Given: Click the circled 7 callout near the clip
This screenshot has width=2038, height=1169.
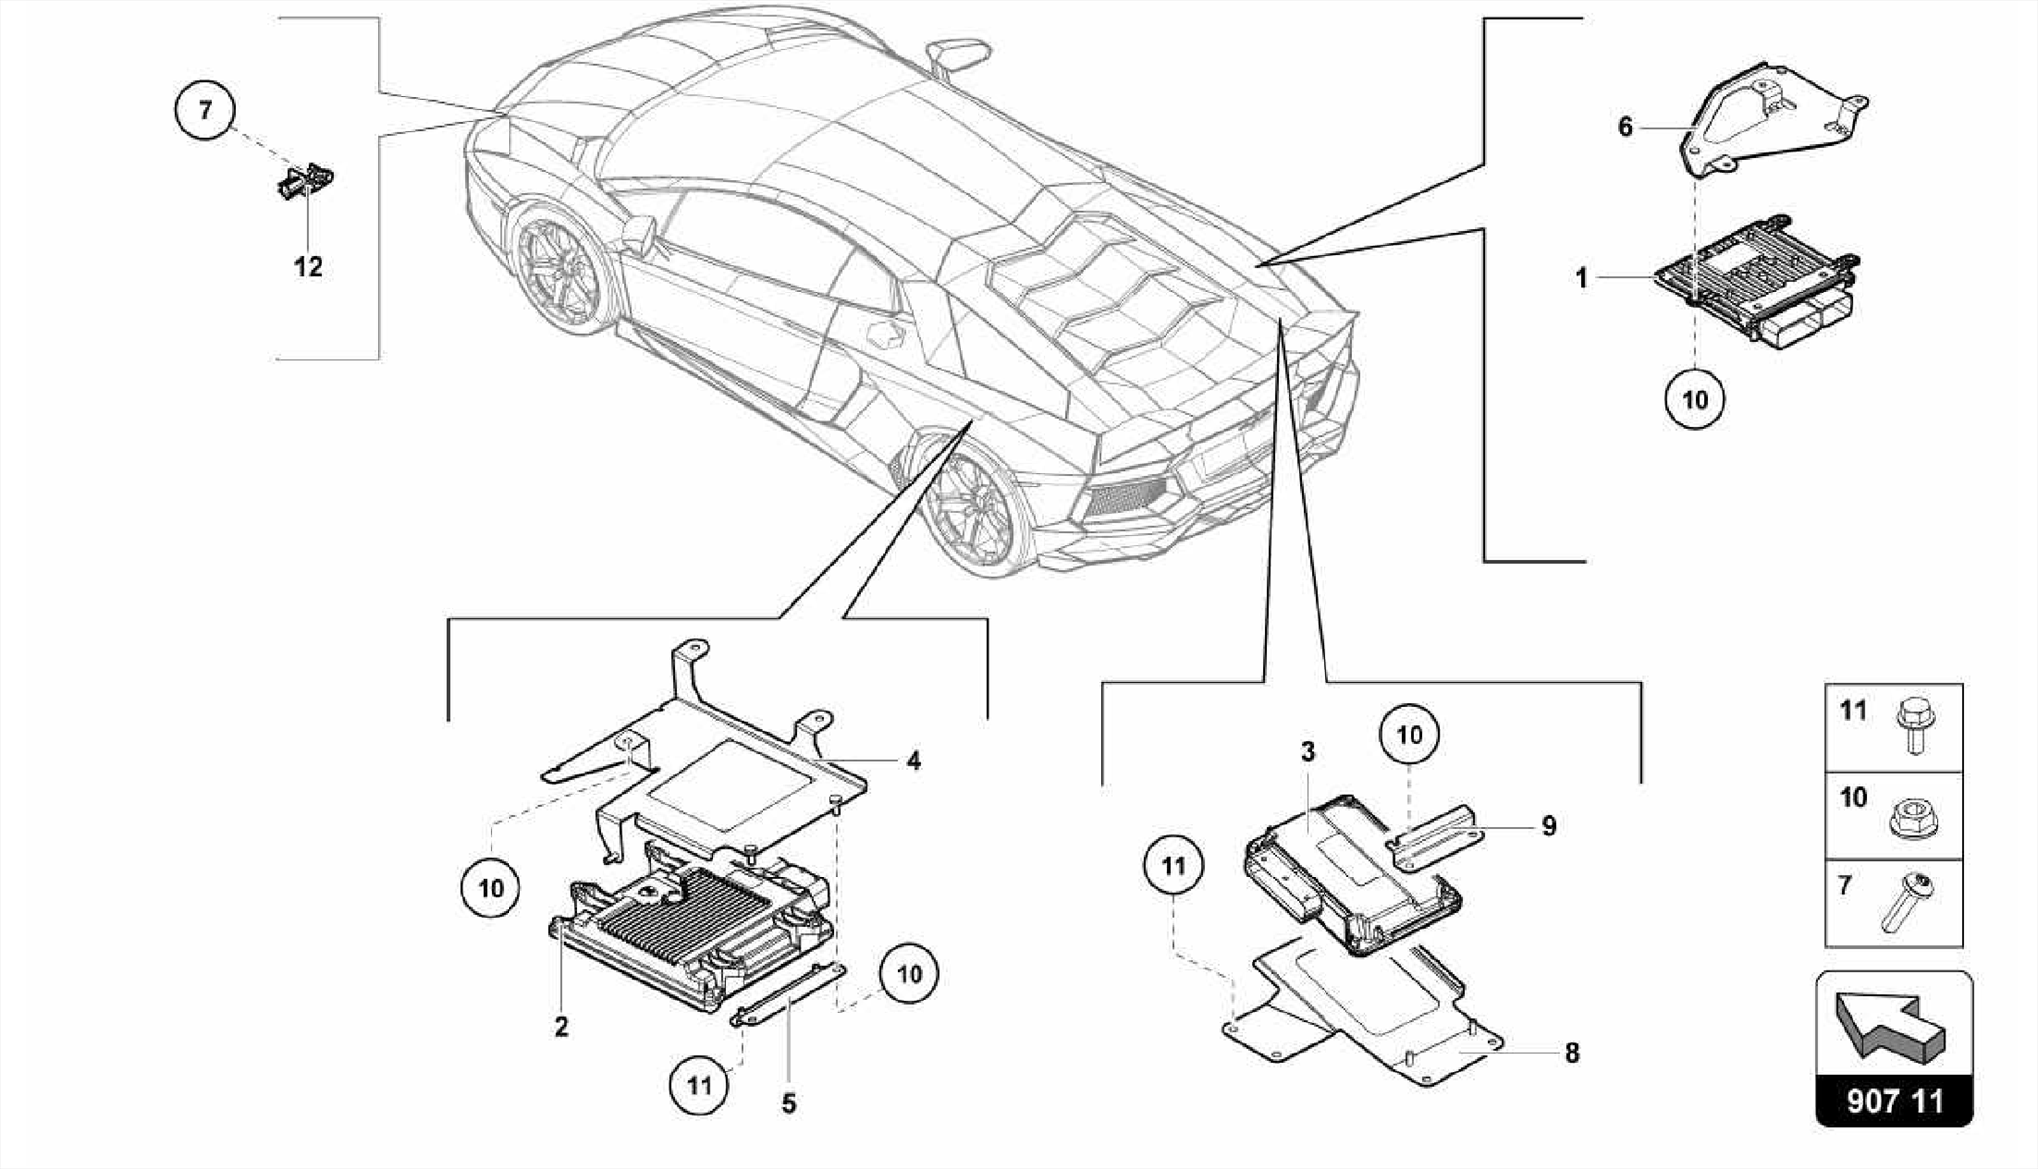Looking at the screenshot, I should (x=205, y=109).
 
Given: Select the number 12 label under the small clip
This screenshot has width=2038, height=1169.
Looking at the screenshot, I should (x=307, y=267).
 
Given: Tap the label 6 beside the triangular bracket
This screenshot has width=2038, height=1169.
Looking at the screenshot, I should (x=1625, y=127).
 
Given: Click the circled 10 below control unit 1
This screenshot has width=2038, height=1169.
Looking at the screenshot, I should (x=1694, y=400).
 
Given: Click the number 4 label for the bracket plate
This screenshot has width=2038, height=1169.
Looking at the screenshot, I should (x=914, y=761).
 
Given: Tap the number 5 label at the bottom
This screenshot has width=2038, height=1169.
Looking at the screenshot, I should (x=788, y=1104).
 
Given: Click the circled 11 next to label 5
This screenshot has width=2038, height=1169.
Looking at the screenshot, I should (x=699, y=1084).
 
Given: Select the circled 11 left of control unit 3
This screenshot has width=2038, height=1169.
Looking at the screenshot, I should (x=1173, y=866).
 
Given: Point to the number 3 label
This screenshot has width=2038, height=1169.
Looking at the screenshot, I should (x=1308, y=752).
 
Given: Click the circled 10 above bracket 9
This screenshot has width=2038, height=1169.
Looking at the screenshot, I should (x=1409, y=735).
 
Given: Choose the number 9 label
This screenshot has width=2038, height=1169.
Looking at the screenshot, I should (x=1548, y=826).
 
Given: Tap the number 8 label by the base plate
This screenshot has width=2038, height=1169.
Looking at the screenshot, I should (x=1572, y=1053).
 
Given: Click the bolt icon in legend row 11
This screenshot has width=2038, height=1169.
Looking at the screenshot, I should (x=1914, y=725).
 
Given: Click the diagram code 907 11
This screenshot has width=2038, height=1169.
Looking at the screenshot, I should (x=1895, y=1102).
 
